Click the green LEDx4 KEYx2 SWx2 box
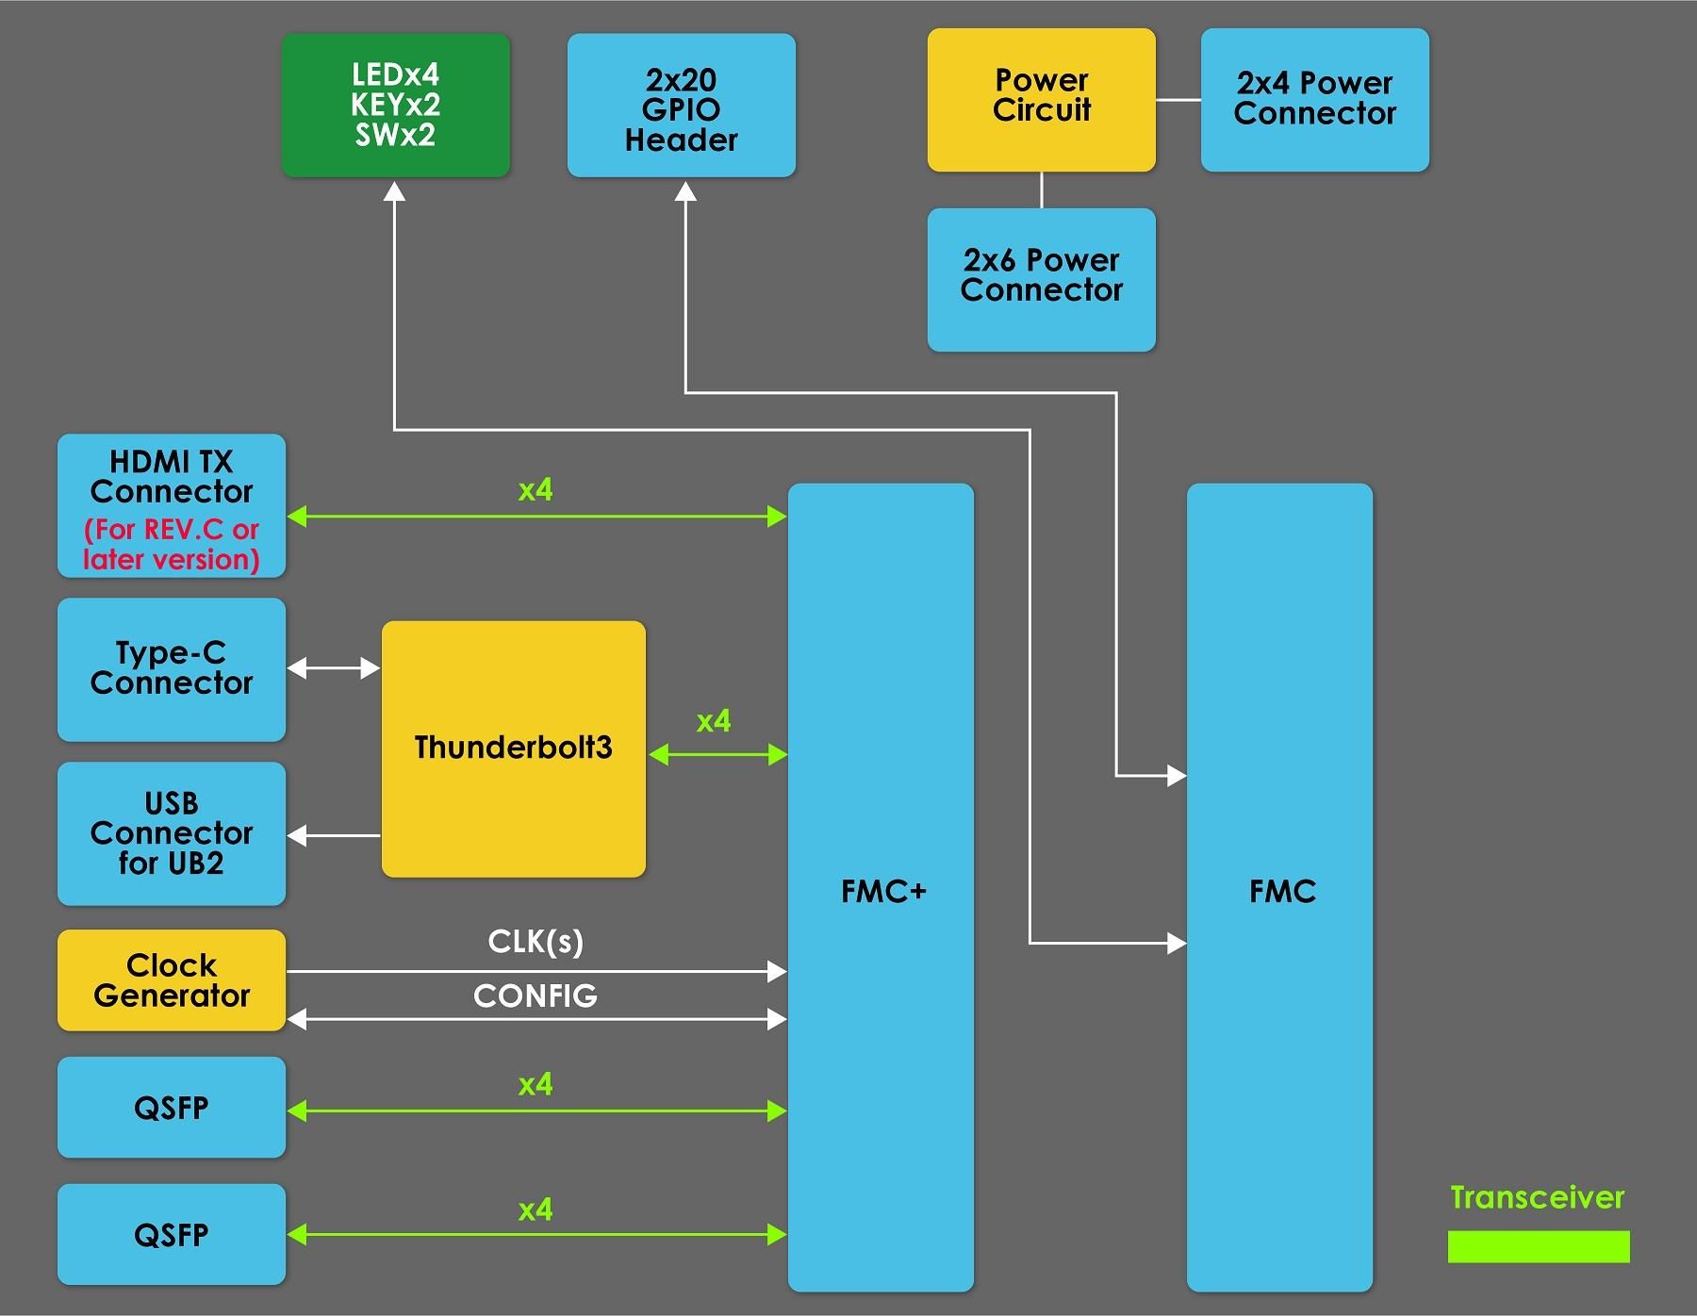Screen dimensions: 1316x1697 pos(396,105)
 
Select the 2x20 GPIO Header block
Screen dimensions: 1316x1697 pos(681,106)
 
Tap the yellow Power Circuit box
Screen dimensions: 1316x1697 pos(1041,99)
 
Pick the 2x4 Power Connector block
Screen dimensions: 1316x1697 pos(1314,99)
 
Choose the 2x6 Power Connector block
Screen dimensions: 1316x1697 pos(1041,279)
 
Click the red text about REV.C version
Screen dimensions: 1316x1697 pos(172,544)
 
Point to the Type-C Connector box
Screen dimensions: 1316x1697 pos(172,668)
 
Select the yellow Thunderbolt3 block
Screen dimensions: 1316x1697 pos(513,748)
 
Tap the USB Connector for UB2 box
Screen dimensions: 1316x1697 pos(172,833)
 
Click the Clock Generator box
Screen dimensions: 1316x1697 pos(172,979)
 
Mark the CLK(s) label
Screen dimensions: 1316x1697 pos(535,942)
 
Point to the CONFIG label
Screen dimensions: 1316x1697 pos(535,995)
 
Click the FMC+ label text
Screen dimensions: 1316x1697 pos(883,891)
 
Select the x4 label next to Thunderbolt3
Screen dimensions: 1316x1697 pos(714,721)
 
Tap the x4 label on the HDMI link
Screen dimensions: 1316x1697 pos(535,490)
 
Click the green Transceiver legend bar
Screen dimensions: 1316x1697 pos(1538,1246)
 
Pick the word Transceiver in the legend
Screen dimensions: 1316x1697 pos(1537,1197)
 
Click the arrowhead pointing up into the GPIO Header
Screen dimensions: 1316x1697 pos(685,192)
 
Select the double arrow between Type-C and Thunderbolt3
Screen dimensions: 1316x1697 pos(333,668)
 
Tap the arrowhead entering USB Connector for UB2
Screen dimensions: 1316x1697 pos(297,835)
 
